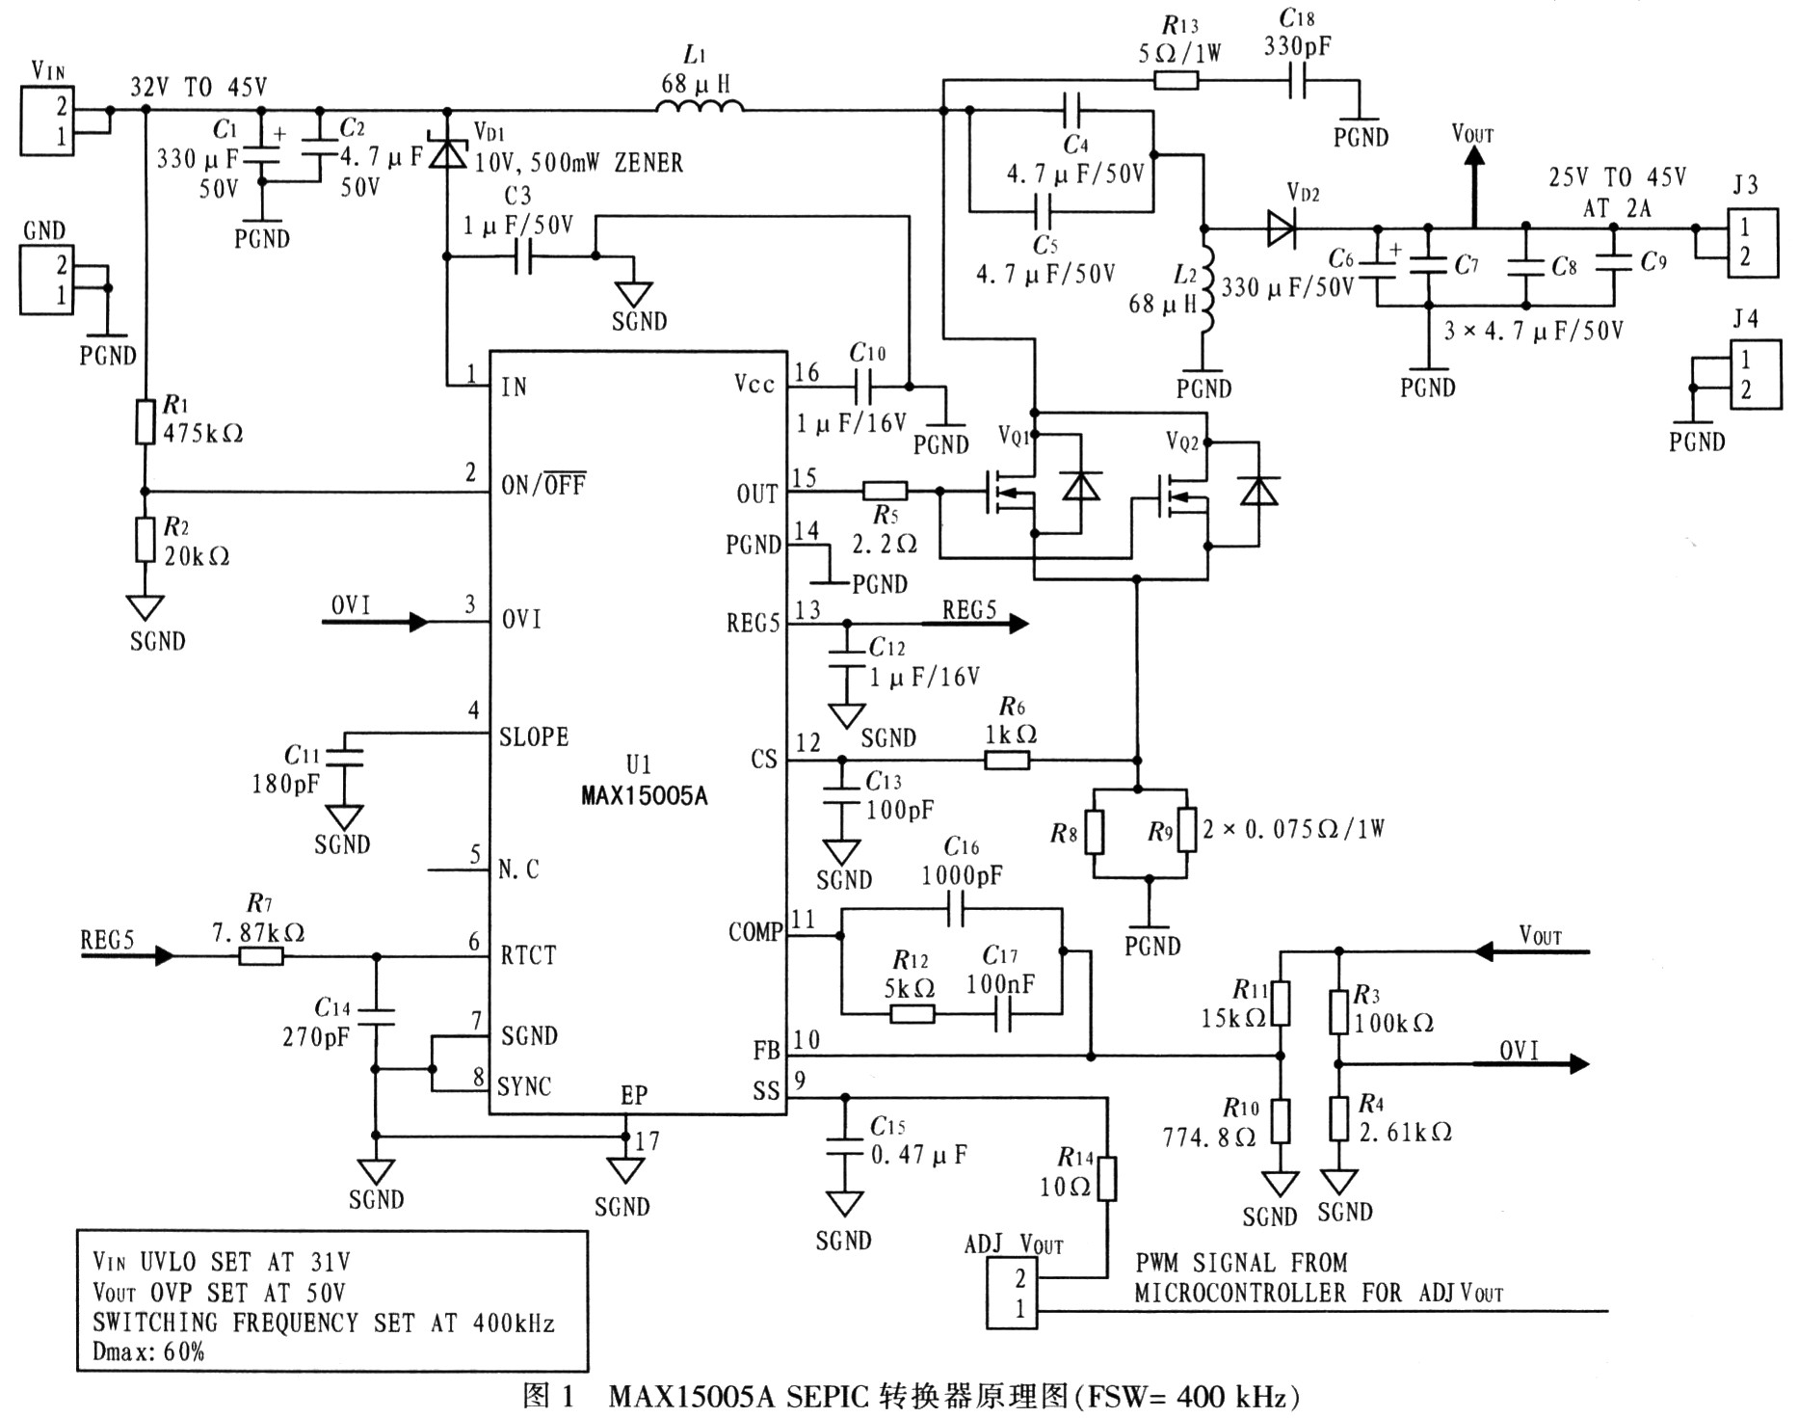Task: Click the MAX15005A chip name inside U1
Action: tap(644, 797)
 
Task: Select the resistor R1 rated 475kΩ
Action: tap(145, 422)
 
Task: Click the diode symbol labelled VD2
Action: tap(1281, 228)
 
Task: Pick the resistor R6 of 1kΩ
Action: tap(1007, 761)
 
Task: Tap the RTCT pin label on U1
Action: tap(528, 955)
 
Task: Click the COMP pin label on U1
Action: tap(755, 932)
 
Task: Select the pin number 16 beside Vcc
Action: tap(806, 373)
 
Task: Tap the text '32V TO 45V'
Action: tap(198, 88)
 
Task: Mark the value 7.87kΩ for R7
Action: tap(258, 932)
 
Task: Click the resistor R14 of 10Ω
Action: tap(1106, 1178)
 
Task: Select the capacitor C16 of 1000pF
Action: tap(956, 908)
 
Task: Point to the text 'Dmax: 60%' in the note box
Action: tap(148, 1351)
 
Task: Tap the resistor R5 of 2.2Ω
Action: tap(884, 491)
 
